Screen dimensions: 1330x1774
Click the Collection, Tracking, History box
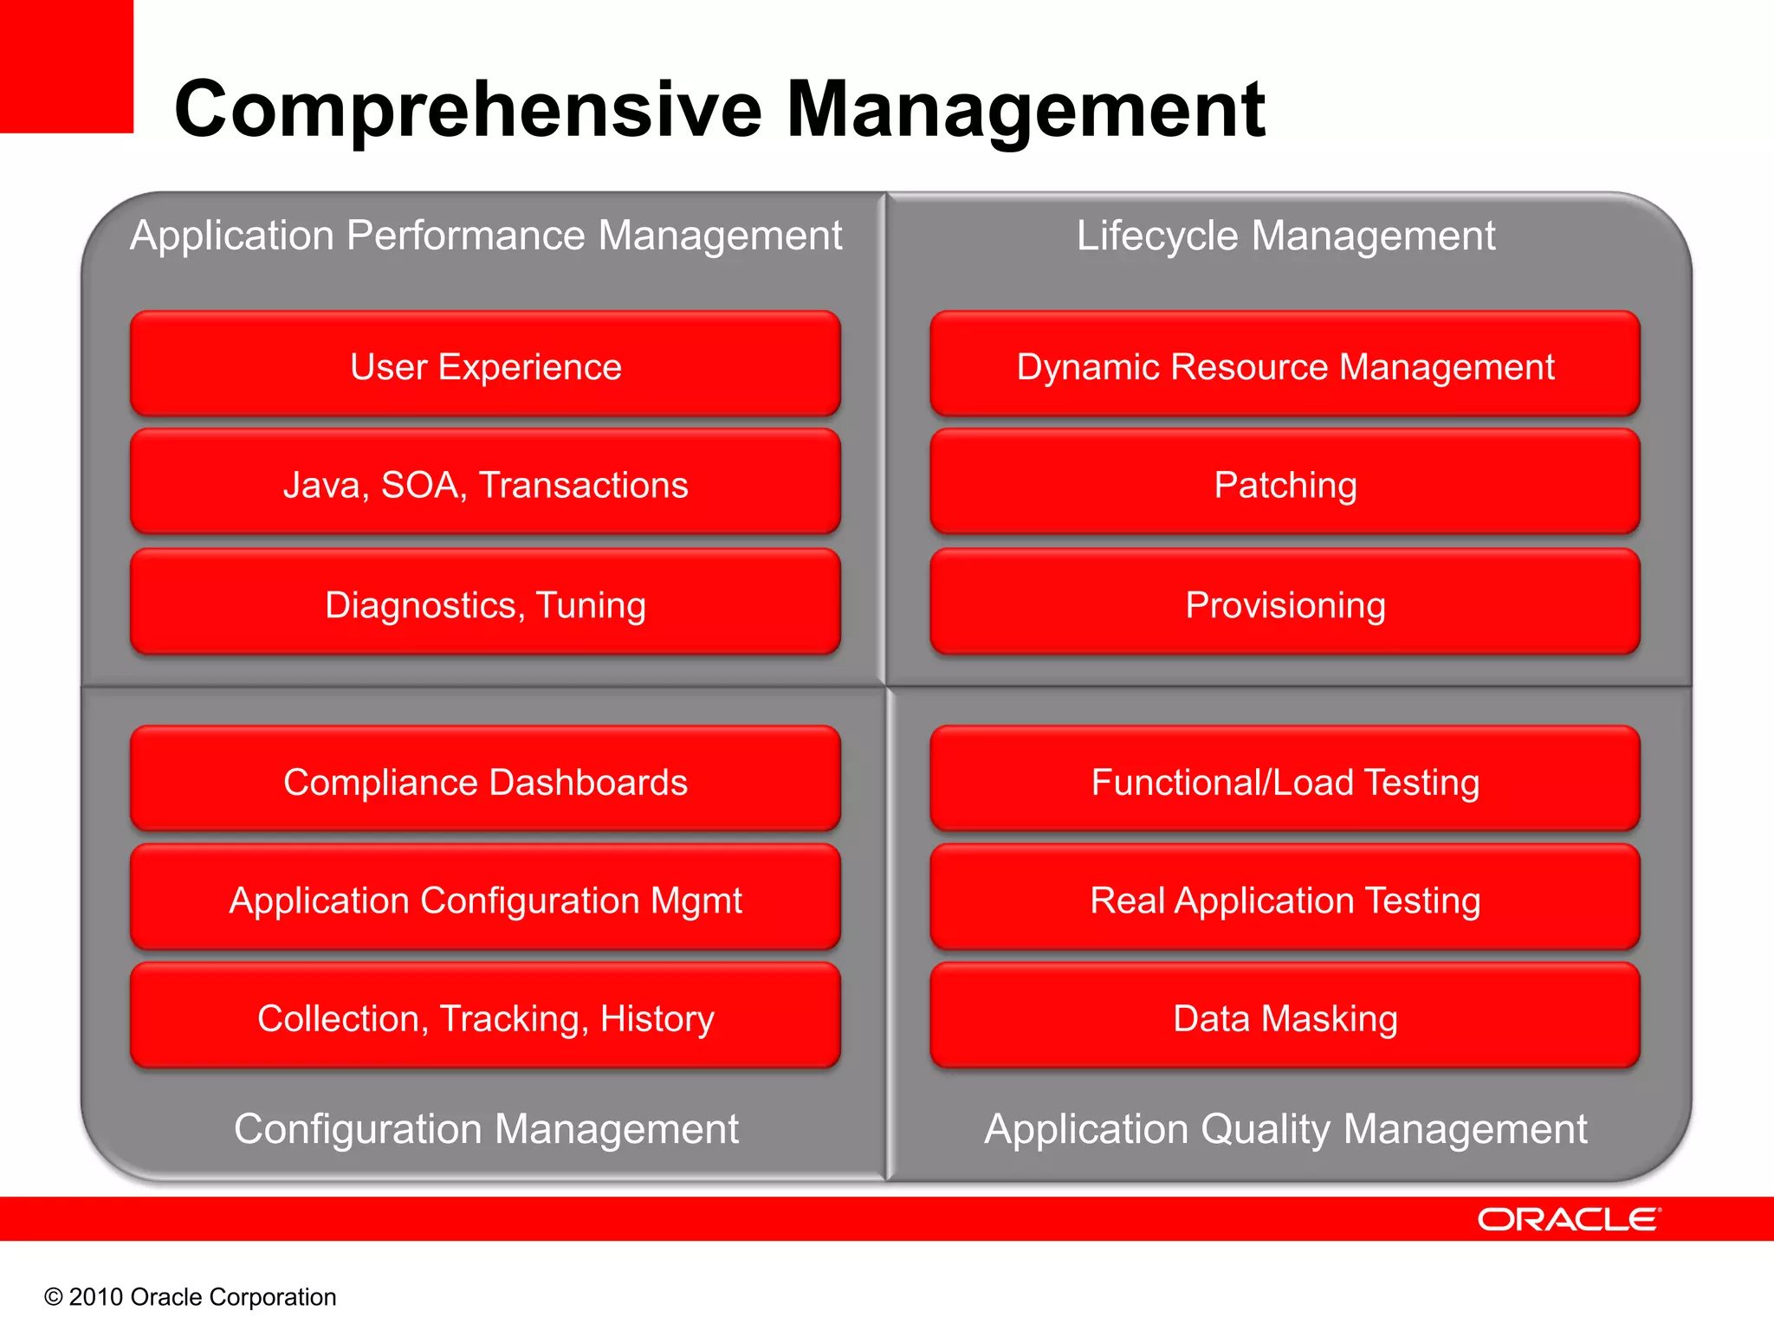click(485, 1017)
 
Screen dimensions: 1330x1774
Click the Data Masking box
click(1285, 1017)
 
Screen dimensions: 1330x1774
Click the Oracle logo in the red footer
click(1569, 1219)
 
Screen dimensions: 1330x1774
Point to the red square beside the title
click(66, 66)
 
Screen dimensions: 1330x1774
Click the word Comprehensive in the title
click(468, 110)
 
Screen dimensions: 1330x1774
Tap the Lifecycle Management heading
click(1285, 236)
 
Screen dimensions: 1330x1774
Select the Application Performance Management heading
click(485, 236)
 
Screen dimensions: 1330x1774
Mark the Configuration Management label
click(485, 1129)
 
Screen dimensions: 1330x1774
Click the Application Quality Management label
click(1285, 1129)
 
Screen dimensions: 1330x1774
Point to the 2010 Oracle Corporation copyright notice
click(191, 1296)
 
